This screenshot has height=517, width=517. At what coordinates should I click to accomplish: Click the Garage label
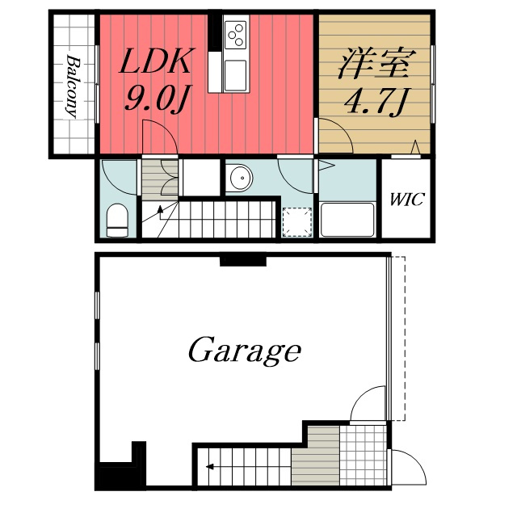244,351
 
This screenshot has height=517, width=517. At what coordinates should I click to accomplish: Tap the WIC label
406,200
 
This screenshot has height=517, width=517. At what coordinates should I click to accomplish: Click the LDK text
157,61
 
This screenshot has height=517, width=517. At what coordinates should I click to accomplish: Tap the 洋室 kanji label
374,63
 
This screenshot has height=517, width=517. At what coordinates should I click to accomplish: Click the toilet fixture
118,220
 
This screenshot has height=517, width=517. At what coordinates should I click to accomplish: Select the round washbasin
242,178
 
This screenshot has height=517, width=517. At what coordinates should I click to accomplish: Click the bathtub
347,220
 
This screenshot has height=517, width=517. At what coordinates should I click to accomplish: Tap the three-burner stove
235,34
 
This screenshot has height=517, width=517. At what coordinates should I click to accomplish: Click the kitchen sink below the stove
235,75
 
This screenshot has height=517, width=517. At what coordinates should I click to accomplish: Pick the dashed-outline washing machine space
297,222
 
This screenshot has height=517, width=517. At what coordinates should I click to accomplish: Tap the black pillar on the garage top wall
243,259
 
